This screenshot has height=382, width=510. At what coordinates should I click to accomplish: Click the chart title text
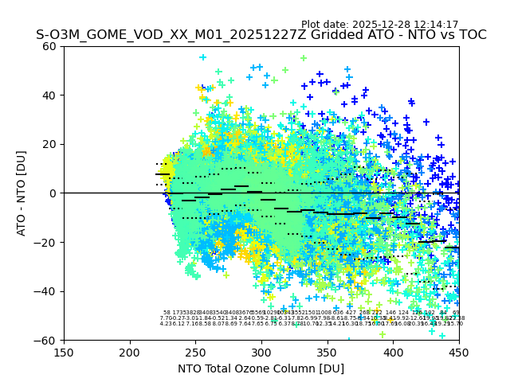(261, 35)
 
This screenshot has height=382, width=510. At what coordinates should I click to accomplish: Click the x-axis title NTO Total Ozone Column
(261, 368)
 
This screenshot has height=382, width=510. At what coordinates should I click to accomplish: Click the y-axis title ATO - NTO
(22, 193)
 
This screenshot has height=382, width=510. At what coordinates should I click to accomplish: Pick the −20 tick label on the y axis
(47, 242)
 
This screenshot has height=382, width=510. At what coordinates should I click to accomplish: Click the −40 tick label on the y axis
(47, 291)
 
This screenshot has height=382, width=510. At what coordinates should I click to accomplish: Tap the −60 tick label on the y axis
(47, 340)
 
